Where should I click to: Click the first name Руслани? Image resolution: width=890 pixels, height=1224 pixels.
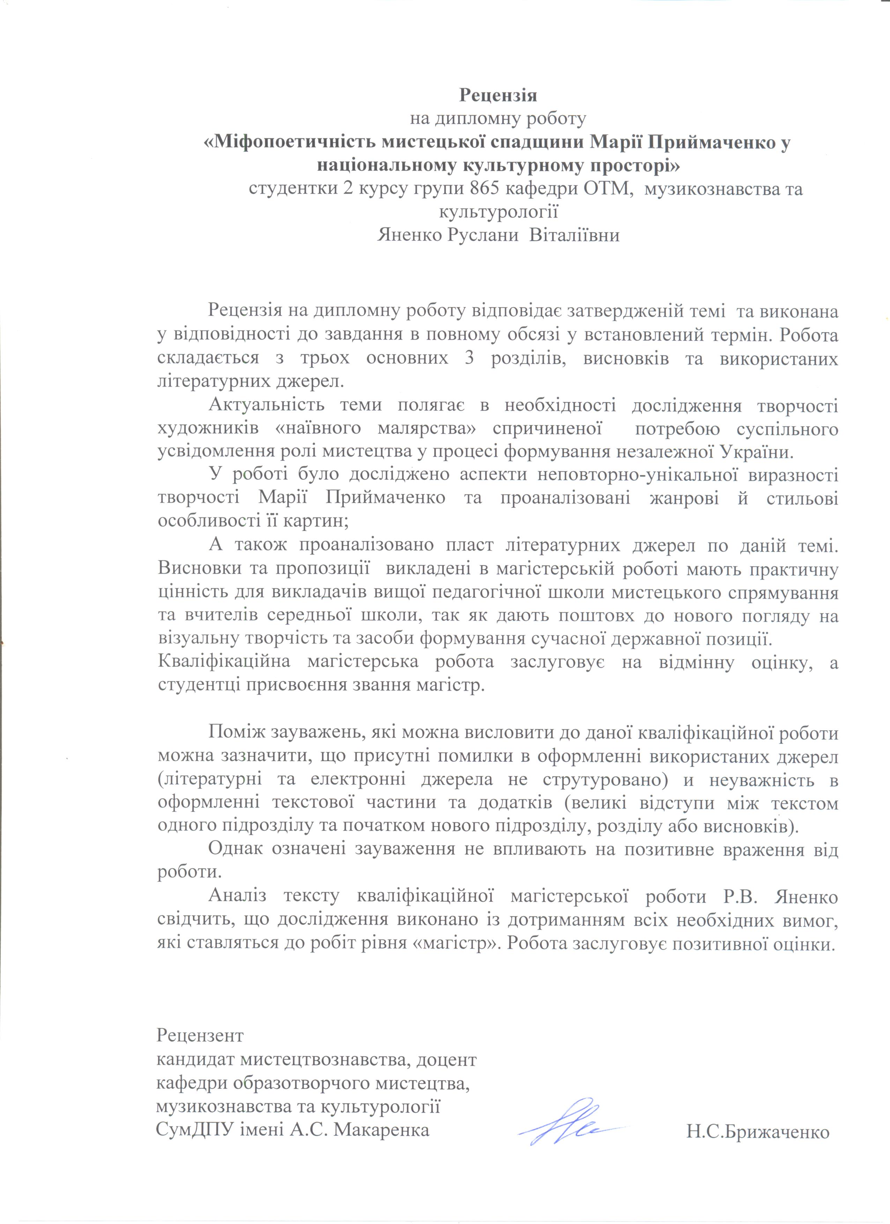click(482, 236)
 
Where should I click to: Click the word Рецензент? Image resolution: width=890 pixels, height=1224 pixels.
click(200, 1036)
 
